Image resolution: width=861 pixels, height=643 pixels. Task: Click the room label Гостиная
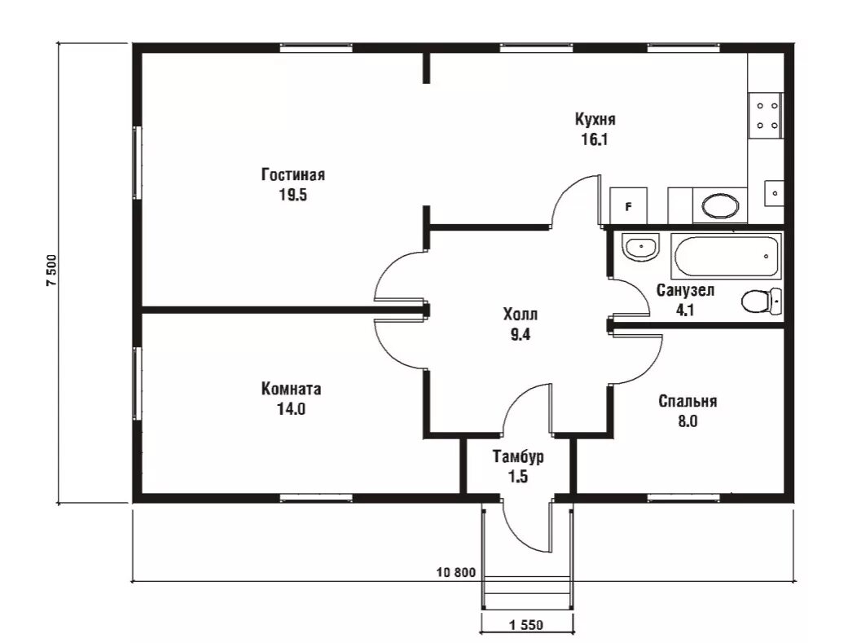[x=293, y=174]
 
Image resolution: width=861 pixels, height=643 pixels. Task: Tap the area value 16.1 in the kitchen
[x=595, y=139]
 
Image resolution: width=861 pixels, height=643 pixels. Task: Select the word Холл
[x=520, y=315]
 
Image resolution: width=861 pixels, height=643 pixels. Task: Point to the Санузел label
[x=685, y=289]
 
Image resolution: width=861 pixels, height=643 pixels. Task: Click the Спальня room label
[x=687, y=401]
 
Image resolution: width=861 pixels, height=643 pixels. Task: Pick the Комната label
[x=291, y=389]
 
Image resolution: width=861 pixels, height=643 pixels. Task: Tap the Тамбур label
[x=518, y=456]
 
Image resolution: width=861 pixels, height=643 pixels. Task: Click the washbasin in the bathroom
[x=640, y=247]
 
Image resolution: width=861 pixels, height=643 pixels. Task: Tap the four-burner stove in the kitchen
[x=767, y=116]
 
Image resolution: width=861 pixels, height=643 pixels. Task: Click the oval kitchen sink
[x=720, y=205]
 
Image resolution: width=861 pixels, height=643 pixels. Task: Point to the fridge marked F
[x=628, y=205]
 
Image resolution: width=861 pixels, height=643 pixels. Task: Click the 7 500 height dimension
[x=51, y=271]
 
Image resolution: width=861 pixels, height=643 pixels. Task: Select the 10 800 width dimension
[x=456, y=573]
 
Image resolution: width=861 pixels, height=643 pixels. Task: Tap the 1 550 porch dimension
[x=526, y=625]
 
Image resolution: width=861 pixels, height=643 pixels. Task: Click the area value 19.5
[x=292, y=195]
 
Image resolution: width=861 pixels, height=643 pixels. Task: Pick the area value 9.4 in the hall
[x=520, y=334]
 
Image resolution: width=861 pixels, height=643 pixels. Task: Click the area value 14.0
[x=291, y=409]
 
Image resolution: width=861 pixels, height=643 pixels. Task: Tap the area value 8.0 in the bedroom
[x=687, y=421]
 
